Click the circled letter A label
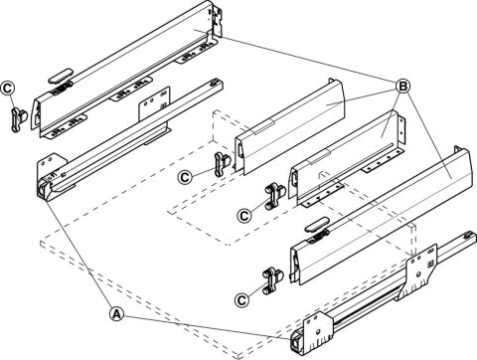tap(116, 314)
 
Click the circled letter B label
tap(402, 87)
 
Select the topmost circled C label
tap(8, 88)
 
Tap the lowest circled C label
tap(241, 300)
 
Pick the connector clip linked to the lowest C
tap(273, 280)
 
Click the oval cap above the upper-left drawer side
tap(61, 77)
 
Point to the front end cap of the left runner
tap(43, 191)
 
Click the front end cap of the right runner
tap(295, 344)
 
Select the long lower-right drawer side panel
tap(381, 216)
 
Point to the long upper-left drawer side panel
tap(125, 70)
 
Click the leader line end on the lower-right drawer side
tap(453, 179)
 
